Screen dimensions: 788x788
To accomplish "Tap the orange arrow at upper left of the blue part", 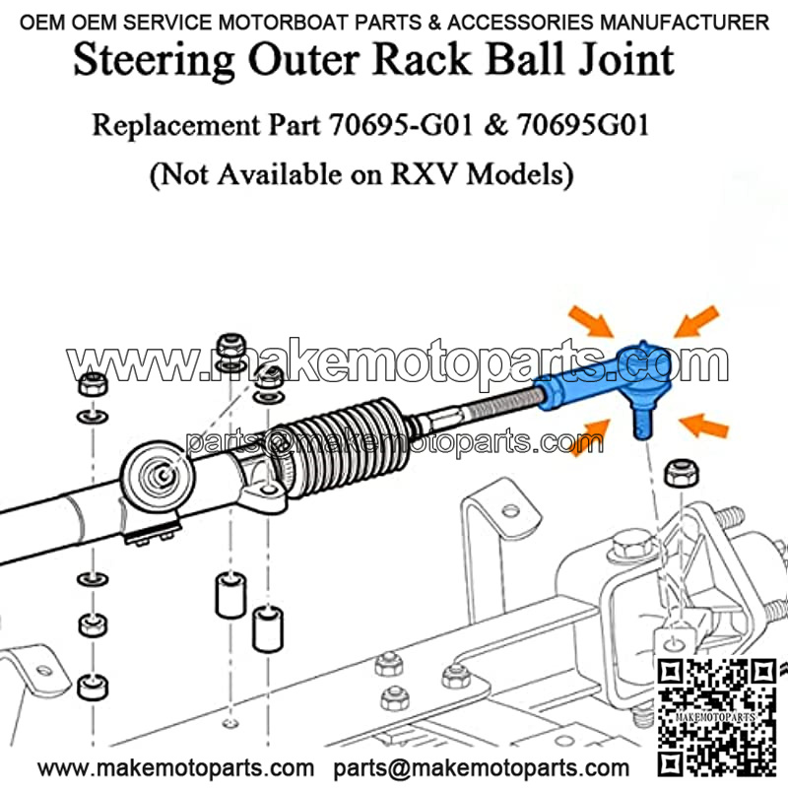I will (589, 323).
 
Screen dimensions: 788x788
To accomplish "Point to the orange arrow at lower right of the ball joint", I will (702, 426).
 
